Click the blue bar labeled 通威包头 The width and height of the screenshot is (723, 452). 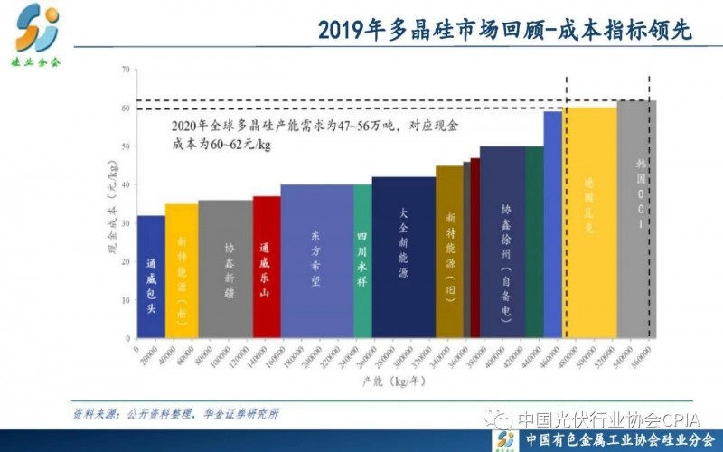click(x=151, y=277)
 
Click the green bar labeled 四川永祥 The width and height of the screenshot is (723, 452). click(x=361, y=262)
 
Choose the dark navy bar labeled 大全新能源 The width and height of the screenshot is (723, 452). click(x=403, y=258)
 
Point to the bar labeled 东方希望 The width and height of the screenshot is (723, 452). click(x=316, y=262)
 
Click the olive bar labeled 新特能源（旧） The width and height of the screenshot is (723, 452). click(x=449, y=252)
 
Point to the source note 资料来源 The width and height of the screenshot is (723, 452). click(x=175, y=415)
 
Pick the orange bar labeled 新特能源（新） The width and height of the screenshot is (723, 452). click(x=181, y=271)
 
